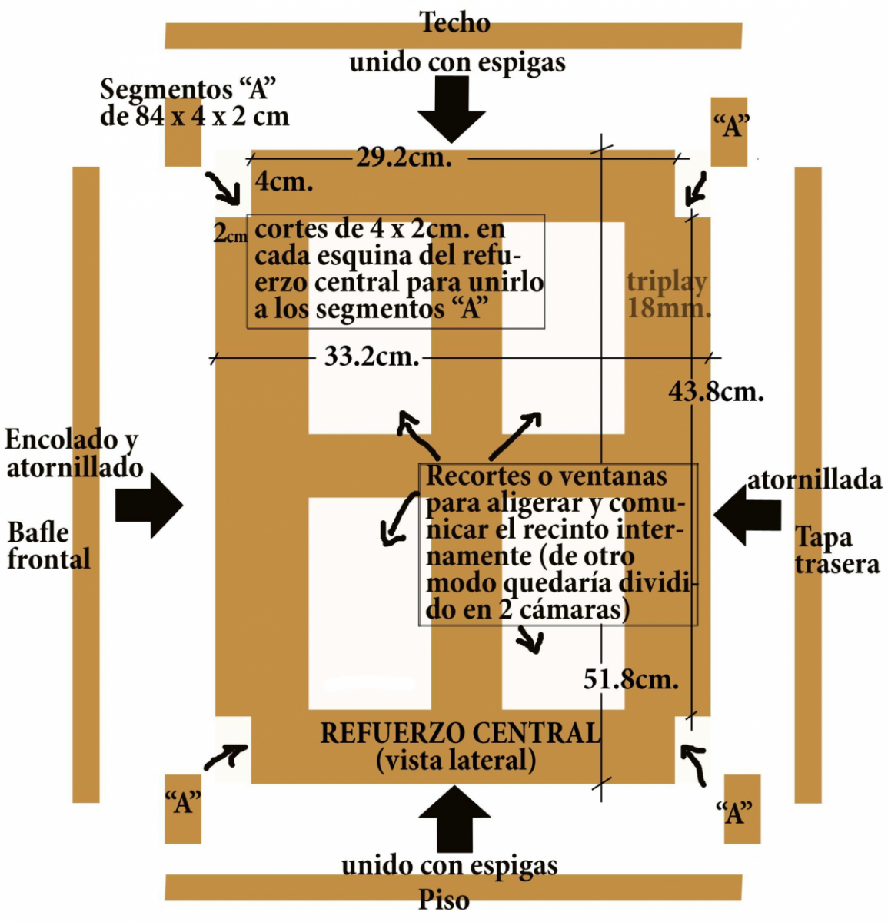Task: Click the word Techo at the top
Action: point(454,23)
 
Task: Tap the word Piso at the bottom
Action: point(444,900)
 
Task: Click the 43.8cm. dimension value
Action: point(716,392)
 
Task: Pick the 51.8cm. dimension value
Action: point(630,679)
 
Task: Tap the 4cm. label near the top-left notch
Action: point(284,182)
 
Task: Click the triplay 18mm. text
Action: point(667,295)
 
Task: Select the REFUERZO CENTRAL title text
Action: point(460,733)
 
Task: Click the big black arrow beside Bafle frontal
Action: point(151,506)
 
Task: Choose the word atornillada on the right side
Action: point(814,480)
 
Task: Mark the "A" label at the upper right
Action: point(730,125)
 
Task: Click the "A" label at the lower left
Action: point(183,803)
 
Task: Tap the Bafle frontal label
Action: point(48,546)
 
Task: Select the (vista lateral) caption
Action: point(456,761)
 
